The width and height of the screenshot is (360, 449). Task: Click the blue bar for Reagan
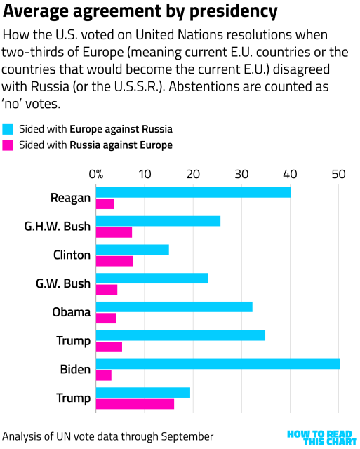tap(193, 192)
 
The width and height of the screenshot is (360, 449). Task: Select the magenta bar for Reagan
tap(105, 204)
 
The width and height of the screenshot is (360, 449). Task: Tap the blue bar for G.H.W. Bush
tap(158, 221)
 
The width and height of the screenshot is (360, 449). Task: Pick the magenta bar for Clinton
tap(114, 262)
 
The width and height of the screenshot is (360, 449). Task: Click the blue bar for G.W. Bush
tap(152, 278)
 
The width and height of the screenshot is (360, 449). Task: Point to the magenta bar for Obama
tap(106, 319)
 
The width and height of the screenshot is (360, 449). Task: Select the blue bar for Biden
tap(218, 364)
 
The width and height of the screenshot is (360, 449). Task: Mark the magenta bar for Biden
tap(103, 375)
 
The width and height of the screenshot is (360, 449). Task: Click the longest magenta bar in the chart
tap(135, 404)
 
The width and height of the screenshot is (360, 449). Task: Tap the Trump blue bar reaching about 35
tap(180, 335)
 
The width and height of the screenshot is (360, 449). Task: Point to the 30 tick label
tap(241, 174)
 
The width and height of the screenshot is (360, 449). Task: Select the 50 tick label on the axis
tap(339, 174)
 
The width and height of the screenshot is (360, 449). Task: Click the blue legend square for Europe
tap(8, 129)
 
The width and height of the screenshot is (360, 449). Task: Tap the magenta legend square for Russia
tap(8, 145)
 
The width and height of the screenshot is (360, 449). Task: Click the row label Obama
tap(72, 312)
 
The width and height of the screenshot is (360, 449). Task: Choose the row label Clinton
tap(72, 255)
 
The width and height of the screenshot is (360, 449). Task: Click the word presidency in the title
tap(227, 13)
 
